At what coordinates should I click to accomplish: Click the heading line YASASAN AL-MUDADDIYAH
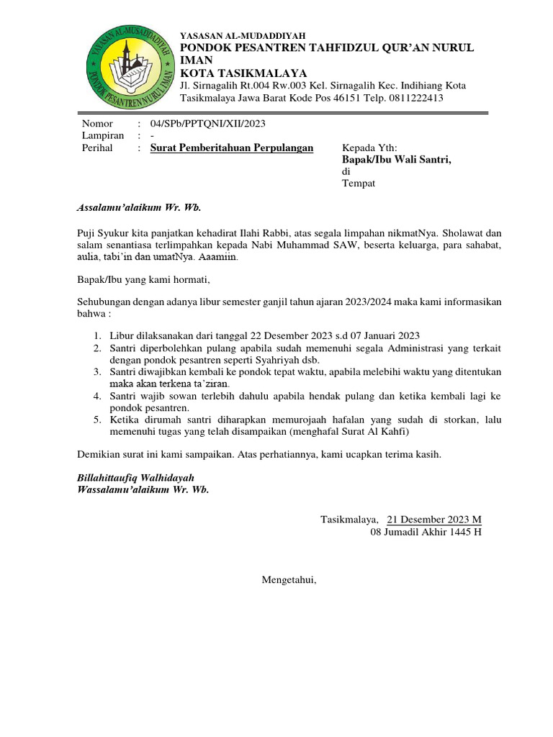coord(242,35)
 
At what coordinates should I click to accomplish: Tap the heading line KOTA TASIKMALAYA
coord(243,73)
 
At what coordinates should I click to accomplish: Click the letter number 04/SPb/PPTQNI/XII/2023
coord(207,124)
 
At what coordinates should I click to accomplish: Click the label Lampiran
coord(103,135)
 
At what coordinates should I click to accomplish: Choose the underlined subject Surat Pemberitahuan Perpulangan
coord(232,148)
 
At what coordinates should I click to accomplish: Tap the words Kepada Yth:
coord(369,148)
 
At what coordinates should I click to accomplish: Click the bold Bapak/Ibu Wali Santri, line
coord(396,160)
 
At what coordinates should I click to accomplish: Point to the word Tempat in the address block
coord(359,184)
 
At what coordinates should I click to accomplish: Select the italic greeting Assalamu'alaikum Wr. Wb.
coord(139,208)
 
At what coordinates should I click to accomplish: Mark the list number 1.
coord(97,336)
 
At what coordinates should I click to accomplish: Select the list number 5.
coord(97,420)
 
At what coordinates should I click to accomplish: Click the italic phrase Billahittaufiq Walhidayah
coord(135,478)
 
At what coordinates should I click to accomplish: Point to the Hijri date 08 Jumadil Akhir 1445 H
coord(426,532)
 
